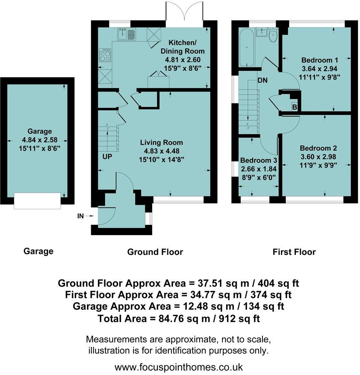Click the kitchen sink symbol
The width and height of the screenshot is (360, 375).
127,34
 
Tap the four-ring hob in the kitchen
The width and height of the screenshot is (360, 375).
105,55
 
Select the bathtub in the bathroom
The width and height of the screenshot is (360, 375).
247,49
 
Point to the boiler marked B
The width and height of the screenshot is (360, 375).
295,107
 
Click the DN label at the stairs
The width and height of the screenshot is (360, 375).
263,80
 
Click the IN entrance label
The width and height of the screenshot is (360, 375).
80,216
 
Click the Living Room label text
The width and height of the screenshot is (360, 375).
161,142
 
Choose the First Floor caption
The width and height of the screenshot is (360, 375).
294,252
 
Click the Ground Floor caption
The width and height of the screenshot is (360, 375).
155,252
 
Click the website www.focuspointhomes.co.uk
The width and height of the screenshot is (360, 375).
179,366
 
